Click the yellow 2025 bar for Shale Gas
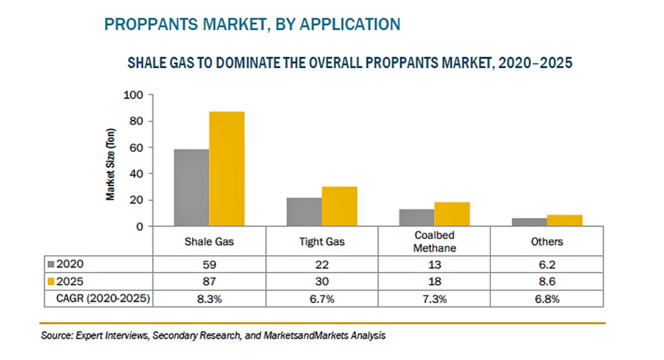pos(226,169)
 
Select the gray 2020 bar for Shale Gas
pos(191,187)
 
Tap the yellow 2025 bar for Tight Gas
pos(339,206)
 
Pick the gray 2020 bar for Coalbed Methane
pos(417,218)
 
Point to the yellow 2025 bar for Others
pos(565,221)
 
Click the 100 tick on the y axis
pos(133,95)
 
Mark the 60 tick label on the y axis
pos(136,147)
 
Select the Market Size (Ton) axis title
pos(110,164)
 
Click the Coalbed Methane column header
pos(434,241)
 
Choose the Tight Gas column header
pos(322,242)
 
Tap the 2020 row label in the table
pos(70,264)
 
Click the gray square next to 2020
pos(51,265)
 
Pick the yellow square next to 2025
pos(51,282)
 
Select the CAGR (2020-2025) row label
pos(103,298)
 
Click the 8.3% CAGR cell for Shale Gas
pos(209,299)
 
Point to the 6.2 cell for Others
pos(547,265)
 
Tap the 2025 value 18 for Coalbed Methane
pos(434,282)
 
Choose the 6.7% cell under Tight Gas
pos(322,299)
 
